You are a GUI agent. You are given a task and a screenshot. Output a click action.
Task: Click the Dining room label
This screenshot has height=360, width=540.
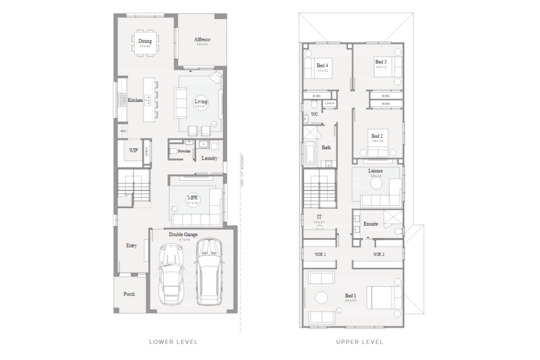[x=145, y=41]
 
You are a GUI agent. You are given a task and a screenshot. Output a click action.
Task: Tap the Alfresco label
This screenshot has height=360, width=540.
[x=202, y=41]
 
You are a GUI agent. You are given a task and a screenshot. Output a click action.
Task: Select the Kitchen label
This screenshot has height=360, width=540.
[x=135, y=101]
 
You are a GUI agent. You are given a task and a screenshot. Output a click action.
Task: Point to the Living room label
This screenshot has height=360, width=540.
[x=201, y=103]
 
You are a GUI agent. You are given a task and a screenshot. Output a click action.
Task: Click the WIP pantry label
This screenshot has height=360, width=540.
[x=133, y=150]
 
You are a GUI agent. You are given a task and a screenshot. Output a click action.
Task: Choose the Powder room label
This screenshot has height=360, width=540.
[x=184, y=151]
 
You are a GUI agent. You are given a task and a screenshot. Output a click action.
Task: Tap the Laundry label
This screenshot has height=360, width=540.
[x=210, y=158]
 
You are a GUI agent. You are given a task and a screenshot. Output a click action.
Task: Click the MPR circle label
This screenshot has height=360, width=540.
[x=192, y=200]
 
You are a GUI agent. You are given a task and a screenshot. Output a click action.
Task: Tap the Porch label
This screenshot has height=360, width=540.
[x=129, y=294]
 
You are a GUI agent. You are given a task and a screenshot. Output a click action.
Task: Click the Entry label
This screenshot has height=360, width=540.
[x=131, y=245]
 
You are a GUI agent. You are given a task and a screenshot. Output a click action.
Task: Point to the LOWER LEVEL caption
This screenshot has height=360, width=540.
[x=174, y=342]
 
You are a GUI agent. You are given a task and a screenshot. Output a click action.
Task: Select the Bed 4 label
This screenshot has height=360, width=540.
[x=323, y=65]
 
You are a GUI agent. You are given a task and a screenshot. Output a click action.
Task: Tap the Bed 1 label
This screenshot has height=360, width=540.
[x=351, y=296]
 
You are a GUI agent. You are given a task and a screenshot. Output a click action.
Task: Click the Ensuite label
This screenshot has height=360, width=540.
[x=371, y=224]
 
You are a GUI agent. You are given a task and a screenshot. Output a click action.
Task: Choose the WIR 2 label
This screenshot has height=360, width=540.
[x=378, y=254]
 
